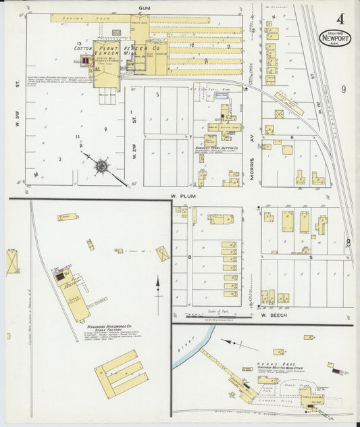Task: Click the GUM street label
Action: coord(143,9)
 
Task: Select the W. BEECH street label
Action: coord(269,315)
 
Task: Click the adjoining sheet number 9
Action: coord(343,89)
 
